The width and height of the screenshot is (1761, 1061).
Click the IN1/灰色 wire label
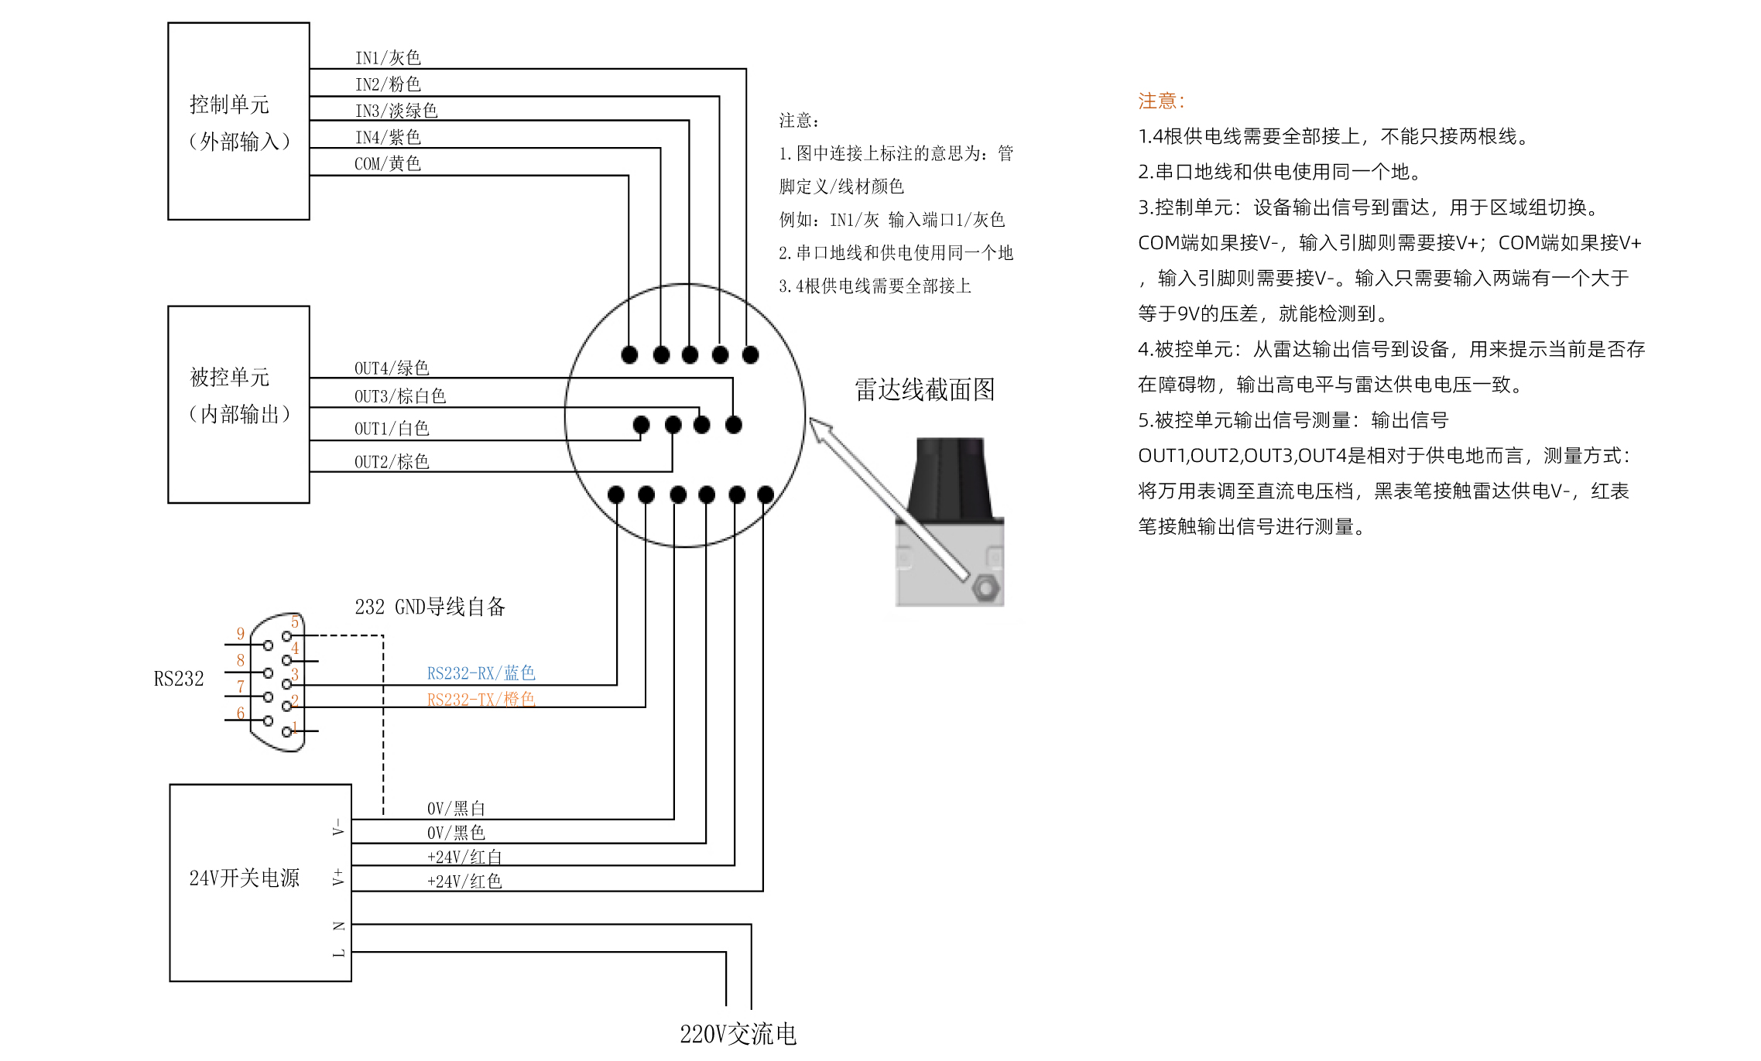click(x=388, y=58)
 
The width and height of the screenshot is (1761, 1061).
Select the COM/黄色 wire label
click(x=388, y=164)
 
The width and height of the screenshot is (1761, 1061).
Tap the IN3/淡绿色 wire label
click(x=396, y=111)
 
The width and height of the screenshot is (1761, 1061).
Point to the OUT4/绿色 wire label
click(x=392, y=368)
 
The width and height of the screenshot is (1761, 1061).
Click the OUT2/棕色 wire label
click(x=392, y=462)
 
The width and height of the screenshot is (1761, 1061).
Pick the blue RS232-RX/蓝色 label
click(x=481, y=673)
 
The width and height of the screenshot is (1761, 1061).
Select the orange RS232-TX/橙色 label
click(x=481, y=700)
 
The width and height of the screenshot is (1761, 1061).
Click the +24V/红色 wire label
click(x=464, y=881)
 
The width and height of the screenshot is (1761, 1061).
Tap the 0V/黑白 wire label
click(x=456, y=809)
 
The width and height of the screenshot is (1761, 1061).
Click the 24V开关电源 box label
click(x=245, y=878)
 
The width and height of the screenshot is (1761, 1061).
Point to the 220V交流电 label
click(x=738, y=1034)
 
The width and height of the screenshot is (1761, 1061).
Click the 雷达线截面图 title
click(x=925, y=389)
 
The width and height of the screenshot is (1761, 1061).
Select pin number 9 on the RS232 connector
click(x=241, y=635)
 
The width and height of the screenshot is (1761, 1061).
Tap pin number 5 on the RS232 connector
click(x=295, y=622)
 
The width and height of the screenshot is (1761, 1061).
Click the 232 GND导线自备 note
click(x=430, y=607)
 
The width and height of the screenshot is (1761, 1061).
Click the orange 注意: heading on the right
click(x=1161, y=101)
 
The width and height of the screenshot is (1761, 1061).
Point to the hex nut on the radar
click(x=985, y=588)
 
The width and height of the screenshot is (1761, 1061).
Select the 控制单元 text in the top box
click(x=230, y=104)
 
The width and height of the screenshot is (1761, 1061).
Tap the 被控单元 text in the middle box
click(x=230, y=377)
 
